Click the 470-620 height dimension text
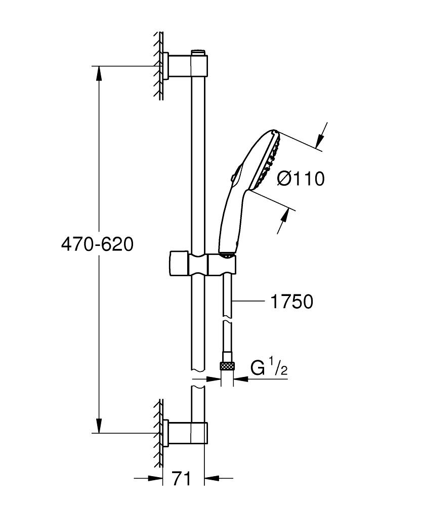pos(97,244)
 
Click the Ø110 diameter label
pos(301,178)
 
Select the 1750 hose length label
pos(291,302)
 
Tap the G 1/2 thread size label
pos(269,368)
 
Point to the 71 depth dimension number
pos(182,478)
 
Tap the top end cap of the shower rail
pos(198,52)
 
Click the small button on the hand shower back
pos(232,178)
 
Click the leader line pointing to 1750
pos(248,302)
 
